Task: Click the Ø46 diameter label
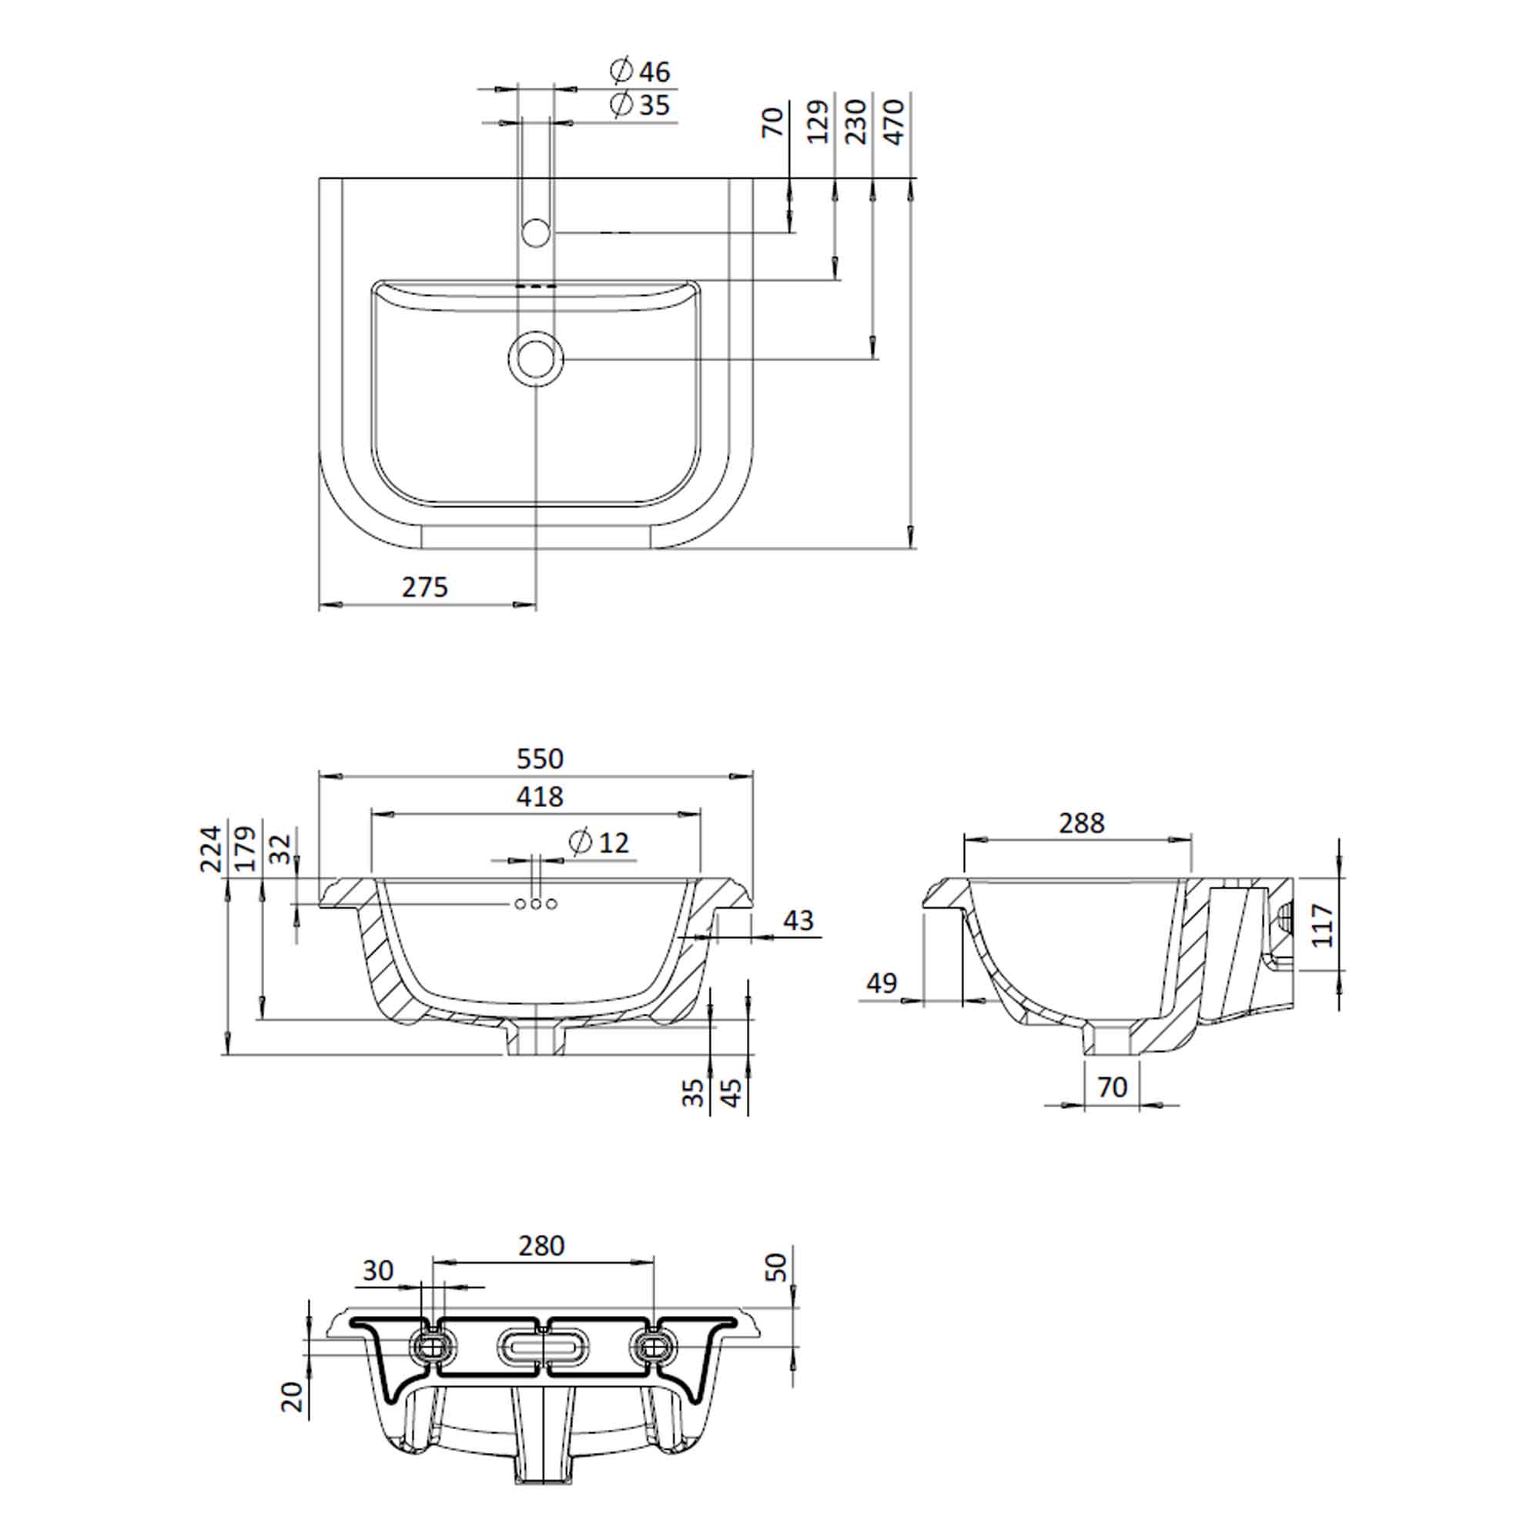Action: pyautogui.click(x=640, y=71)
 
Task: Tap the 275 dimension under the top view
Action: pyautogui.click(x=425, y=588)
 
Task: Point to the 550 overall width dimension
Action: pyautogui.click(x=540, y=758)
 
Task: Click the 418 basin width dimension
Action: pyautogui.click(x=540, y=796)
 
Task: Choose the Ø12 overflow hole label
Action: pyautogui.click(x=599, y=842)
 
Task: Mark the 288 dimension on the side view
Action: pyautogui.click(x=1082, y=822)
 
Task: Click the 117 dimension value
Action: pyautogui.click(x=1322, y=925)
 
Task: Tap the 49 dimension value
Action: pyautogui.click(x=882, y=983)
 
